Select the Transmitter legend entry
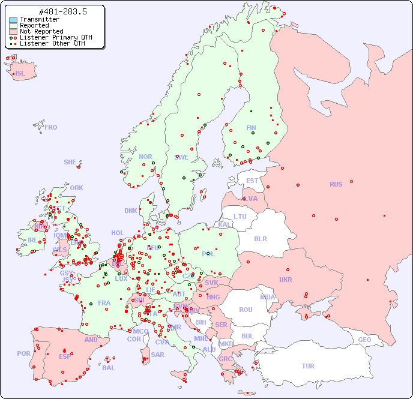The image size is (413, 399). click(x=39, y=19)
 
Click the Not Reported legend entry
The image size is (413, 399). click(x=41, y=31)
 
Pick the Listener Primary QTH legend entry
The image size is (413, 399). click(x=56, y=37)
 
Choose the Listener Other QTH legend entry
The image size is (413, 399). click(x=53, y=43)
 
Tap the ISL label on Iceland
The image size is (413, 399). click(x=20, y=74)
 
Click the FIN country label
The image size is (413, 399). click(x=251, y=128)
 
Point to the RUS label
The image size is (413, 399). click(x=336, y=184)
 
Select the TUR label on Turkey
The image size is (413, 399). click(x=308, y=366)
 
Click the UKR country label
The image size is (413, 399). click(x=286, y=280)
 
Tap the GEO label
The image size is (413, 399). click(x=364, y=340)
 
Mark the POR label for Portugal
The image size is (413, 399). click(x=23, y=353)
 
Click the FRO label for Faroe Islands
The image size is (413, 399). click(x=51, y=127)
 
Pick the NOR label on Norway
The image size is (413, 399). click(x=145, y=157)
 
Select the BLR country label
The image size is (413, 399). click(x=260, y=239)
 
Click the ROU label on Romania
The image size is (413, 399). click(x=246, y=310)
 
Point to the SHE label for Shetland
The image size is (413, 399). click(x=70, y=162)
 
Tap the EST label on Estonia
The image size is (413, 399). click(x=252, y=181)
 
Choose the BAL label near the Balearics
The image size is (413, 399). click(x=109, y=368)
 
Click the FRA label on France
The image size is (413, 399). click(x=104, y=303)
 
